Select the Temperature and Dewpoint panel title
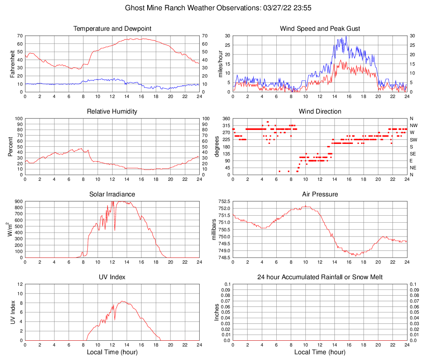(112, 29)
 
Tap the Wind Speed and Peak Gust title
(320, 29)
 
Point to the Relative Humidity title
(112, 112)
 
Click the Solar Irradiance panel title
(112, 194)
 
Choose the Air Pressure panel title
(320, 194)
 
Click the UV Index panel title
(112, 277)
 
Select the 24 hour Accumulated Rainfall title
(320, 277)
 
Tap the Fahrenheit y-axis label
(13, 64)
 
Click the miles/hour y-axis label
(221, 64)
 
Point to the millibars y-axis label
(214, 229)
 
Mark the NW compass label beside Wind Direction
(414, 125)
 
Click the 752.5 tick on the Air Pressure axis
(224, 201)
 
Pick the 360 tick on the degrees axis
(225, 118)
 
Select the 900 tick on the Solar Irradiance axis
(18, 201)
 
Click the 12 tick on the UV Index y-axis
(20, 284)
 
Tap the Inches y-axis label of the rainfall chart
(217, 312)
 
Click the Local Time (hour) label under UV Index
(112, 352)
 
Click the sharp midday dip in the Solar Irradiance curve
(115, 230)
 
